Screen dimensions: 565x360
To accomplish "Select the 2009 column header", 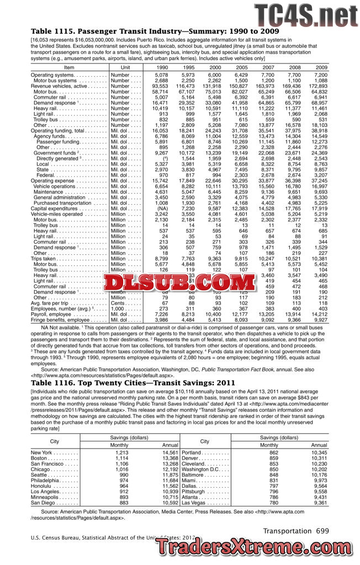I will pos(321,67).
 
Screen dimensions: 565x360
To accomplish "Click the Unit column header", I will pos(125,67).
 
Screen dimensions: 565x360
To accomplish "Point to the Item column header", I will pos(69,67).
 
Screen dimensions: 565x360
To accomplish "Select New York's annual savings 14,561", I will pos(169,452).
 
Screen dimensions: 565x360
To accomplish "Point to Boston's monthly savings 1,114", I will pos(121,458).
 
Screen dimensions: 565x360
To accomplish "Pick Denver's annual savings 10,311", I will pos(319,458).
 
